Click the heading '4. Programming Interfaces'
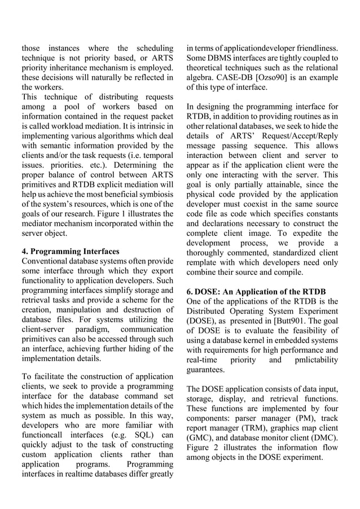pos(71,252)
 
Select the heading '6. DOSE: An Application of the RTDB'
pos(256,291)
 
